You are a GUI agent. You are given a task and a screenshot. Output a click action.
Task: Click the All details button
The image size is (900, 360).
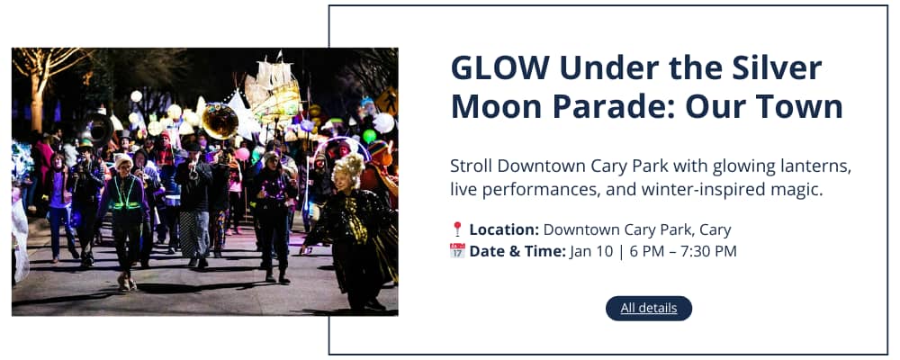click(649, 309)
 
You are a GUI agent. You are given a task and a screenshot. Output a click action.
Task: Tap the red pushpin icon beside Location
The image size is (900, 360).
click(457, 229)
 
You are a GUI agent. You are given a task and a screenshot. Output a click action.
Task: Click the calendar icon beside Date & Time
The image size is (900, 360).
click(457, 251)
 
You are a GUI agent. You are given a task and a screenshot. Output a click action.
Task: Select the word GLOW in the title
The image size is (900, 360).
click(499, 68)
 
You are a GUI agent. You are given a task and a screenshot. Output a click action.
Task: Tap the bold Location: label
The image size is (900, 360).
click(504, 229)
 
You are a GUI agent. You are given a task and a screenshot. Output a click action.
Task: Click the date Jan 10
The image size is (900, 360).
click(591, 251)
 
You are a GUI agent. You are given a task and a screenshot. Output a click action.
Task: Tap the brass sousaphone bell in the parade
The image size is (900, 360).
click(220, 121)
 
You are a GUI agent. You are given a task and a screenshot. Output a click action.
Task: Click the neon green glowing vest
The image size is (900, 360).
click(126, 194)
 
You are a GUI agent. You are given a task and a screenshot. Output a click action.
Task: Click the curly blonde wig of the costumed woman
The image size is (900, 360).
click(349, 167)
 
